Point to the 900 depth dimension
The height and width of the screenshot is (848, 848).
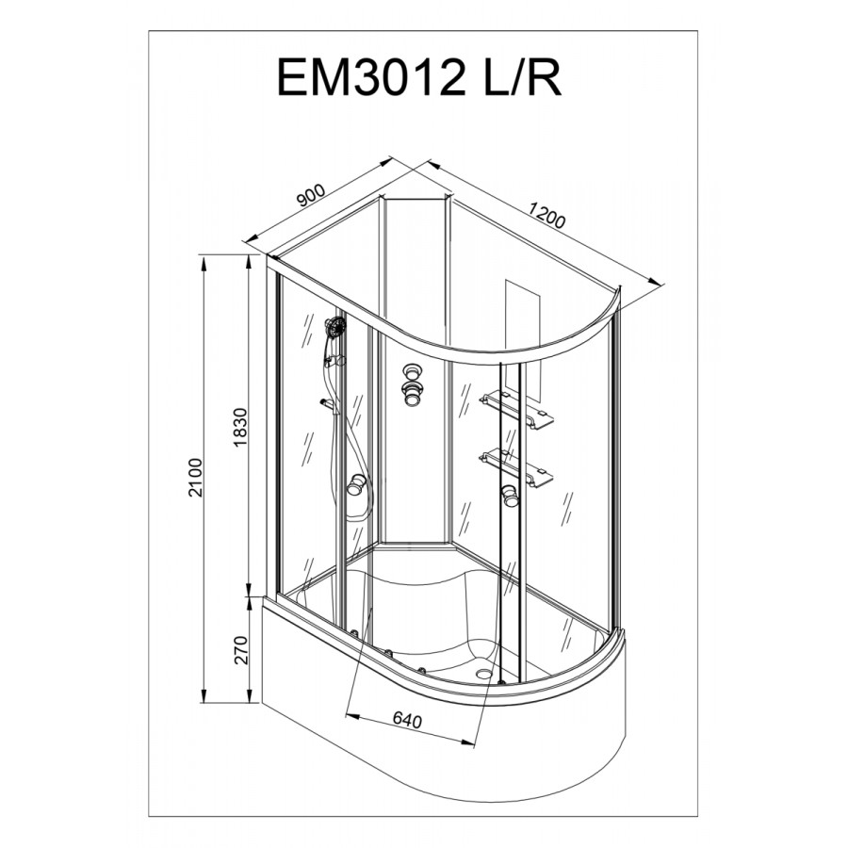coord(313,196)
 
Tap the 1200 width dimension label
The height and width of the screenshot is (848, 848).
coord(546,215)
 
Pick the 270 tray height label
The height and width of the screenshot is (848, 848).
coord(241,649)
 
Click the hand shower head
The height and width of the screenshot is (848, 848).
coord(335,328)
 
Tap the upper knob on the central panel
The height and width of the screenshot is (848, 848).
coord(413,371)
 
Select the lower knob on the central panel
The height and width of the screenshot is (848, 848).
coord(414,394)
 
